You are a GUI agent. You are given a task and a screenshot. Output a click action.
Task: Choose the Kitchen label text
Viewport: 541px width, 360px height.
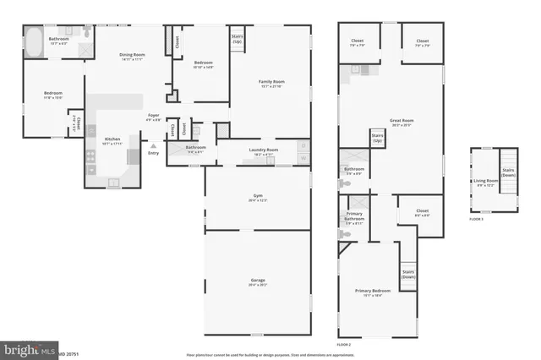coord(112,140)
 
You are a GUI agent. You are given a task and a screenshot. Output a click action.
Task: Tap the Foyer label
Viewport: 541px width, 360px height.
coord(153,117)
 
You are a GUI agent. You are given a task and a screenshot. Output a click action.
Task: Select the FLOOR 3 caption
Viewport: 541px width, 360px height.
coord(477,219)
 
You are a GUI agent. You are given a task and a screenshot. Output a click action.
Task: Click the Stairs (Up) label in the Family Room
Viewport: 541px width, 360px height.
coord(238,39)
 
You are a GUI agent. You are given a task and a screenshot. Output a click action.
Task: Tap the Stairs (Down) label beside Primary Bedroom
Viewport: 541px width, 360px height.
coord(408,275)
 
